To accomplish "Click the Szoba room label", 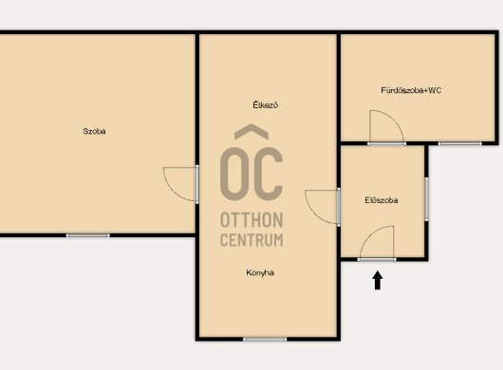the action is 94,131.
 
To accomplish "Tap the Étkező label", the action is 266,105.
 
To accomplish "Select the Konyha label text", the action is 260,273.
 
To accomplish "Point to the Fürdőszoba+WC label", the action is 411,90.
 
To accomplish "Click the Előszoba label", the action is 382,200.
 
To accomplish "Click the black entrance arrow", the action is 378,280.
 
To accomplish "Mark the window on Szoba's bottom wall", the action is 88,235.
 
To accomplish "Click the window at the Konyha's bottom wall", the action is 265,339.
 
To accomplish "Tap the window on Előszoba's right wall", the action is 426,199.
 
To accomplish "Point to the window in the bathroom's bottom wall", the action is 459,143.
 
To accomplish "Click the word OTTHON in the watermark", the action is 251,220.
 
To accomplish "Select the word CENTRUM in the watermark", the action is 251,240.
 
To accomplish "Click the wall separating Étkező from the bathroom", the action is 339,87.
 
